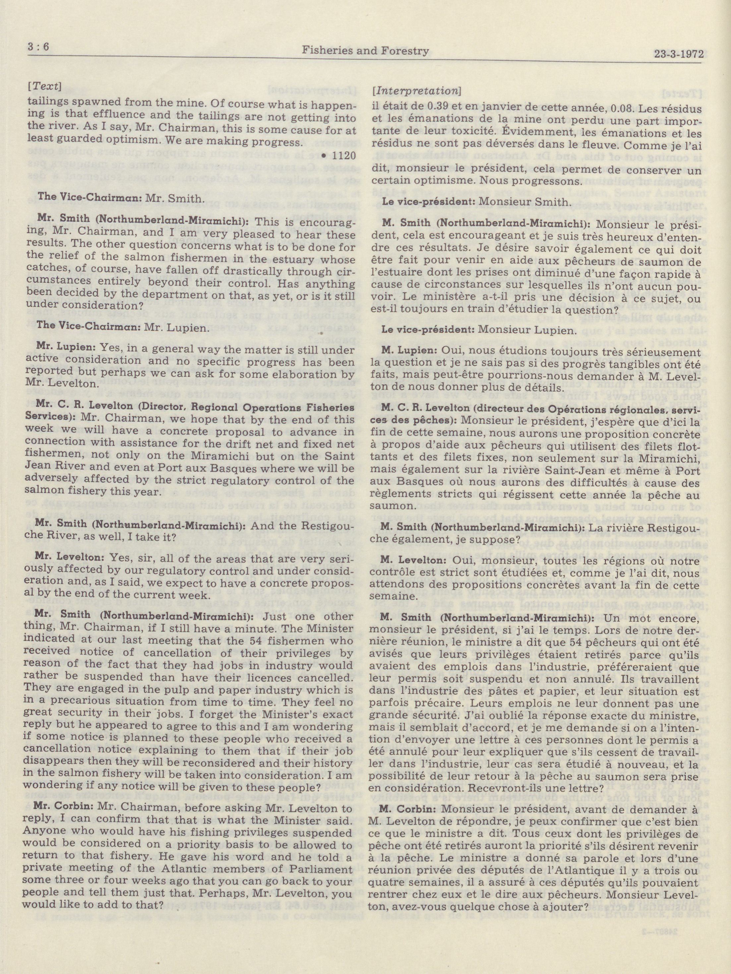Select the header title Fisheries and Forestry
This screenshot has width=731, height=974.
point(365,51)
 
